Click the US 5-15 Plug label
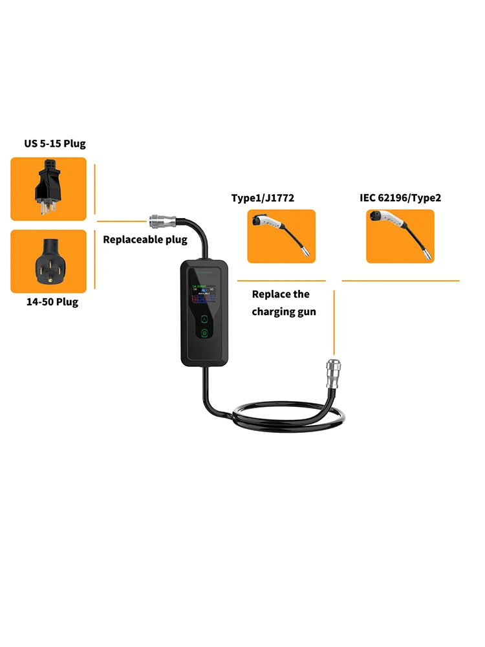pyautogui.click(x=55, y=144)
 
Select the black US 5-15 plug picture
pyautogui.click(x=48, y=189)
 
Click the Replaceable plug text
pyautogui.click(x=145, y=239)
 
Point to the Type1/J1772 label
pyautogui.click(x=263, y=198)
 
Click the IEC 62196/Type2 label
pyautogui.click(x=400, y=198)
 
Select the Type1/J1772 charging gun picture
pyautogui.click(x=281, y=236)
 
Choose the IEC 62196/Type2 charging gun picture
pyautogui.click(x=400, y=236)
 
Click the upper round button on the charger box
pyautogui.click(x=204, y=318)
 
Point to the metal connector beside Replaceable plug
pyautogui.click(x=159, y=221)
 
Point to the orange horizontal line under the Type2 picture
pyautogui.click(x=400, y=281)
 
